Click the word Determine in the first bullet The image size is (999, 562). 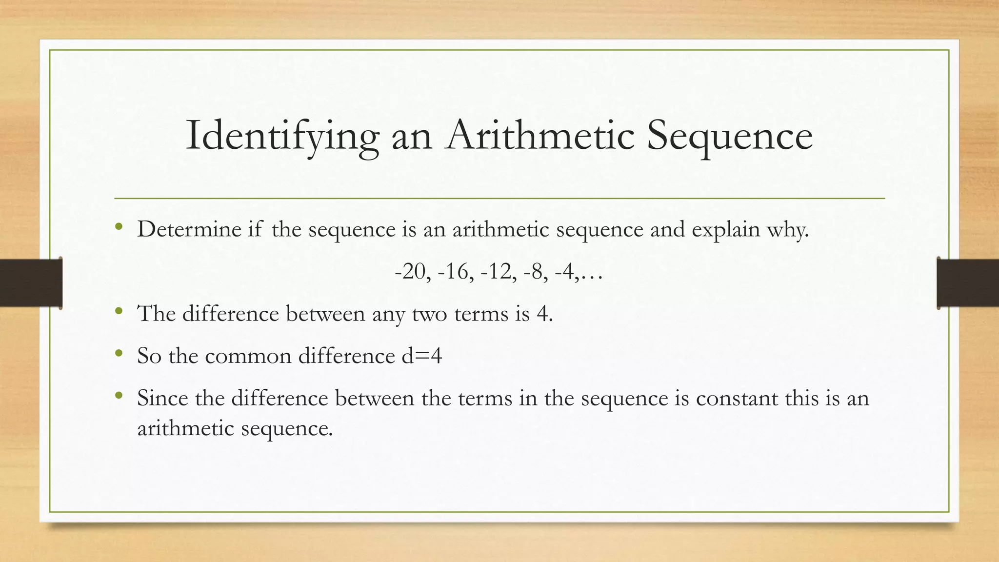189,229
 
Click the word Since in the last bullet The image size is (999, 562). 162,398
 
